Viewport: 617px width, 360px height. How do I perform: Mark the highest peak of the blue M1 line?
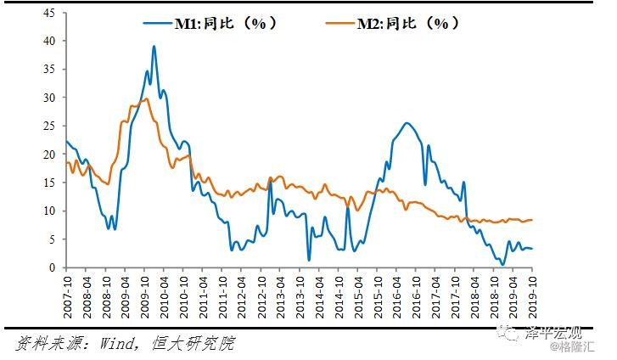click(154, 47)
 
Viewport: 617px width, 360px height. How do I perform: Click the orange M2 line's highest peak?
click(146, 98)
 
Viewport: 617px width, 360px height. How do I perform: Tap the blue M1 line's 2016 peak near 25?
click(407, 123)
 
